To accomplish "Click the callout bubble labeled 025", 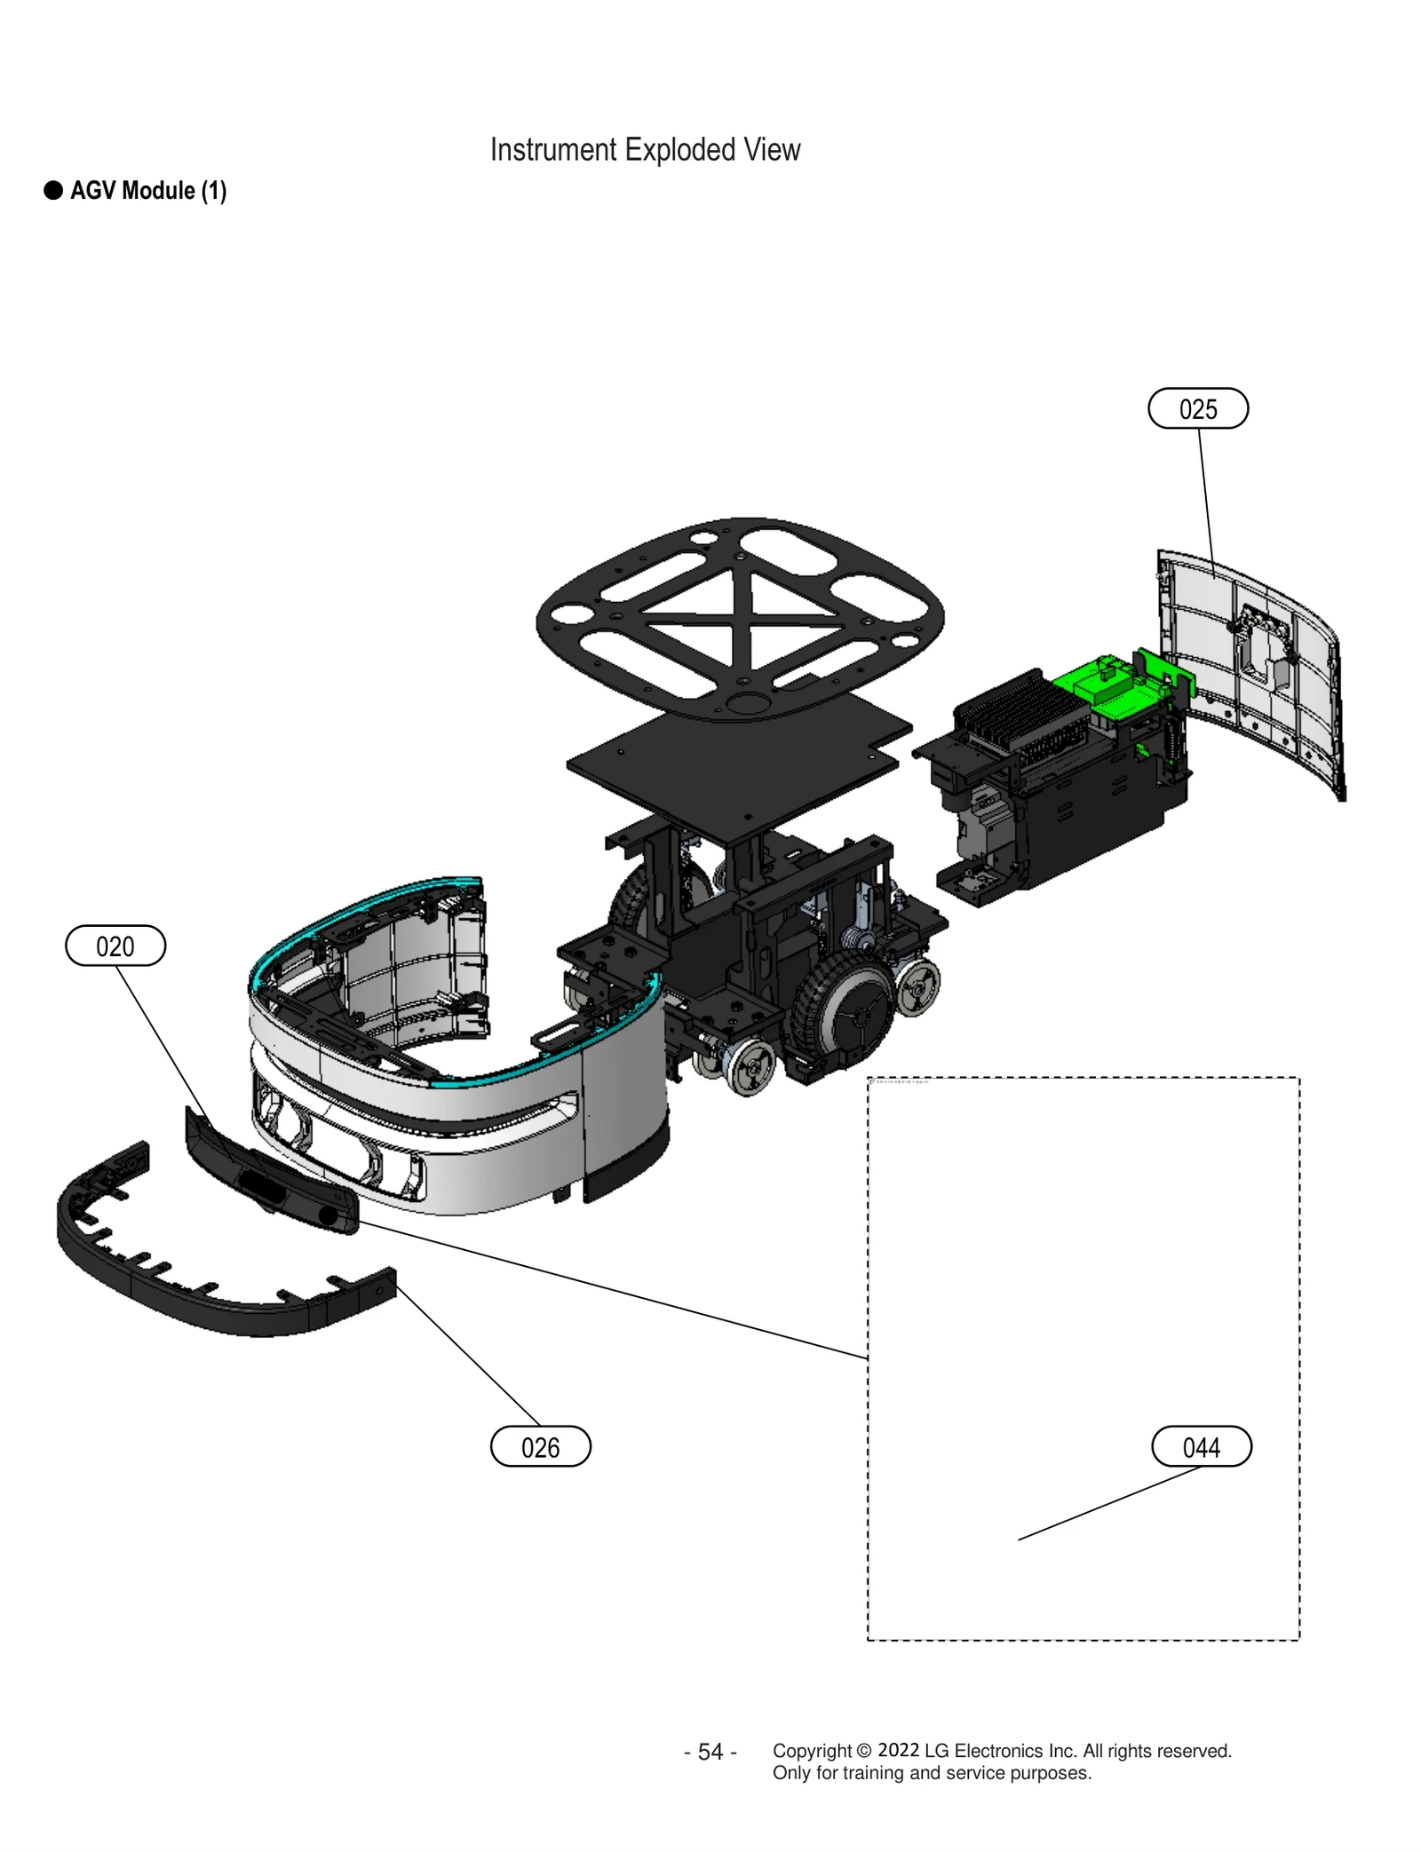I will coord(1197,408).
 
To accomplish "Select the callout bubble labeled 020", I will coord(115,946).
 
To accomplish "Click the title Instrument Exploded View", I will coord(645,150).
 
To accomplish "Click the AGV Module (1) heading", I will coord(148,191).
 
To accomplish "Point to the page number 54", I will coord(710,1752).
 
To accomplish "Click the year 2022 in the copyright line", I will coord(898,1750).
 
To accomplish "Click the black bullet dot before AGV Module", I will coord(53,191).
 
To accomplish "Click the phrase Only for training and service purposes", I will coord(931,1773).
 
